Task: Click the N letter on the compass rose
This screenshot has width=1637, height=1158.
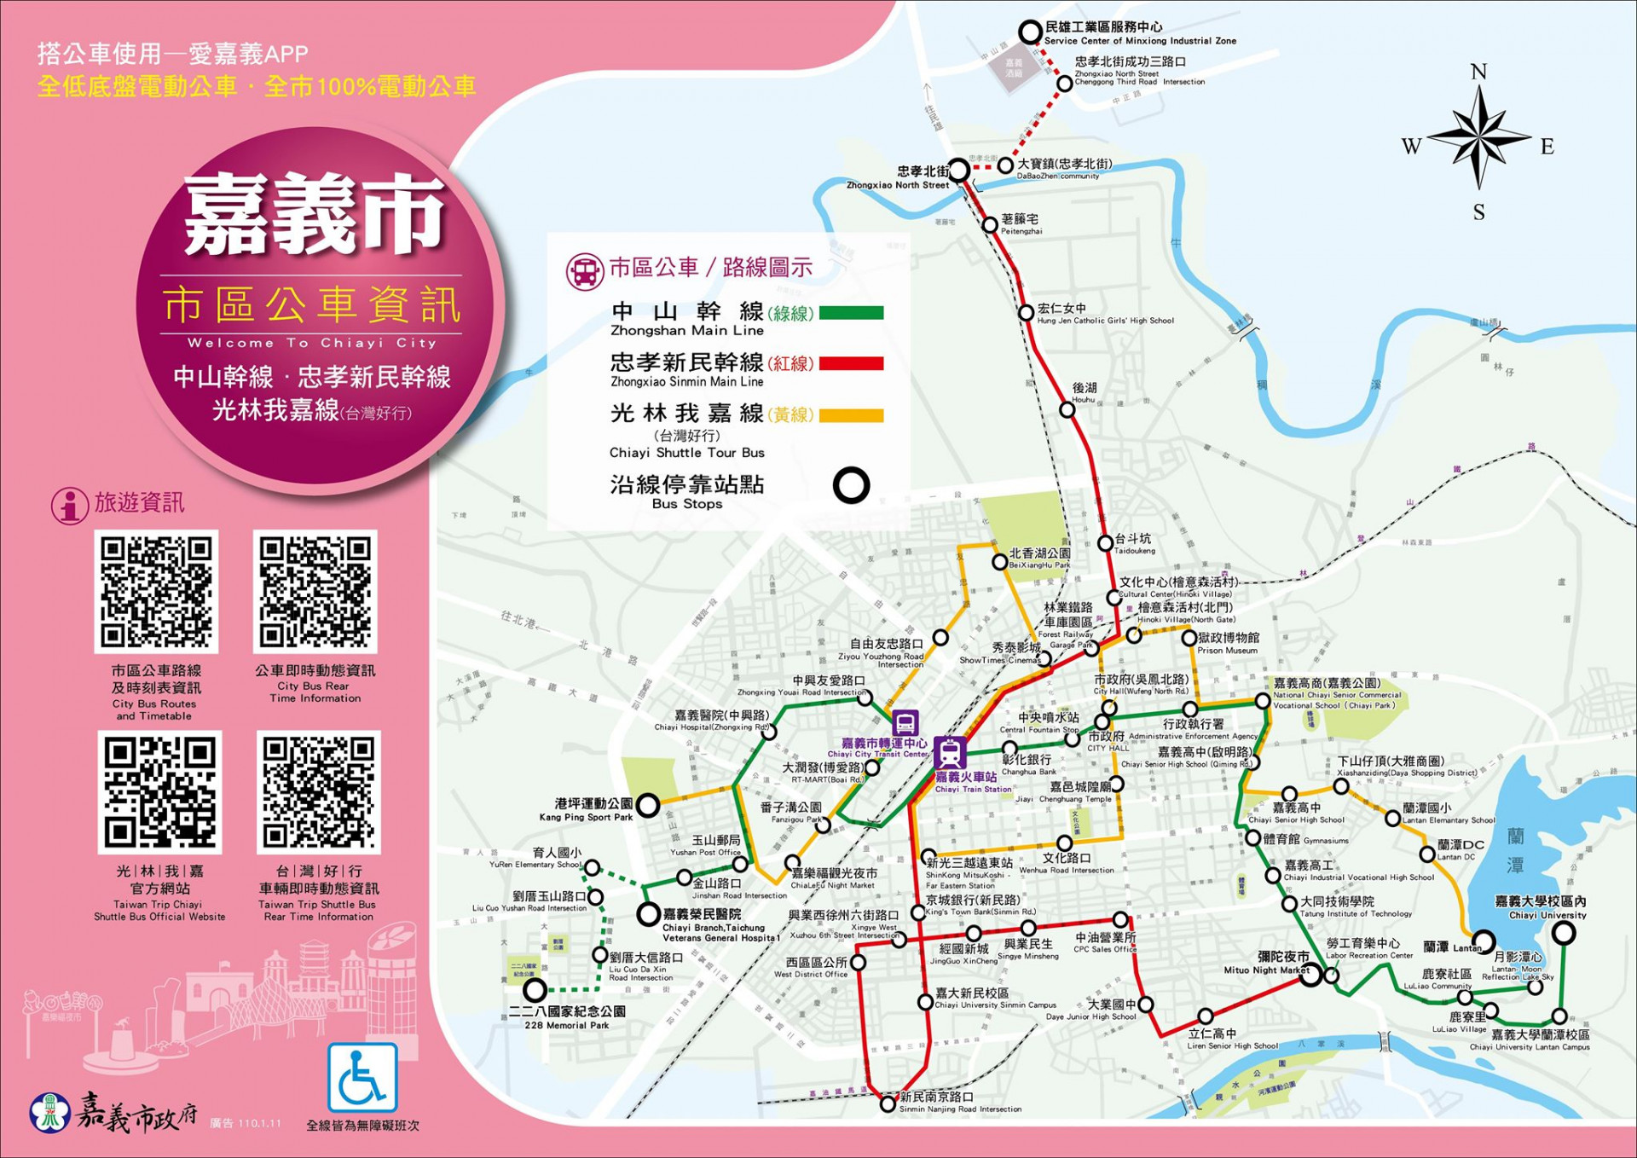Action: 1478,72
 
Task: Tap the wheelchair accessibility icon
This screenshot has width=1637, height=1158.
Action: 362,1077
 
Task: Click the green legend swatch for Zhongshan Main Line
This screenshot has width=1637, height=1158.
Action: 851,313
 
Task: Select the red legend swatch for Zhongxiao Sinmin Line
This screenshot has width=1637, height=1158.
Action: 851,364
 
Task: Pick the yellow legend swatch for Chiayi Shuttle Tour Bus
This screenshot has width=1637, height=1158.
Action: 851,416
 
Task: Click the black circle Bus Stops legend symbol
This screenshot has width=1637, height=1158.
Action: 851,485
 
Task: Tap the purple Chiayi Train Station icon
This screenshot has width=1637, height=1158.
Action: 949,753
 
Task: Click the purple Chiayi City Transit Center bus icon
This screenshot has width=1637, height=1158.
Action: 905,723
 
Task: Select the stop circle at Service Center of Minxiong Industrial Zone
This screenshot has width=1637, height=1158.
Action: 1031,32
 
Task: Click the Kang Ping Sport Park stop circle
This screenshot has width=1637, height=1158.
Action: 648,805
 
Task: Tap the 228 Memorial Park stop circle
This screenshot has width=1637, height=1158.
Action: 535,990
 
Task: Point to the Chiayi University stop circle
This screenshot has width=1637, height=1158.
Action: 1563,933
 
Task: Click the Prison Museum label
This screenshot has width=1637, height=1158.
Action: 1228,643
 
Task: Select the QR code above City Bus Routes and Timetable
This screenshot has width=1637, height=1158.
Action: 156,591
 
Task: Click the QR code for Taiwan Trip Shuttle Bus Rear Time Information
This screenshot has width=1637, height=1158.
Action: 318,792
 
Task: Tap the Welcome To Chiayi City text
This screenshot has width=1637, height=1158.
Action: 312,343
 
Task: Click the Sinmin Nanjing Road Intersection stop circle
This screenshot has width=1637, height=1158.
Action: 888,1104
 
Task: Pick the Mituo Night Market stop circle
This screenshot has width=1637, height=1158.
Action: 1310,975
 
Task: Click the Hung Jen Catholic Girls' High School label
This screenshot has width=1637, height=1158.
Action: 1104,314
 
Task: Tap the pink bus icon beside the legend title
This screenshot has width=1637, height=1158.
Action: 585,270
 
